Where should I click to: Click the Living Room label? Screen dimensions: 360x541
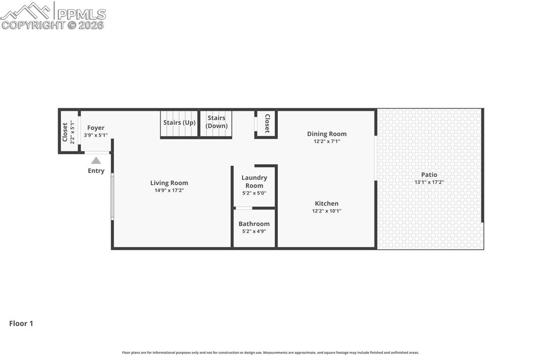pyautogui.click(x=169, y=183)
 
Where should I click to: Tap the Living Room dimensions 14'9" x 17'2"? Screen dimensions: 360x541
pyautogui.click(x=169, y=191)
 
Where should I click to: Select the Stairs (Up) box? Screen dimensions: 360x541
pyautogui.click(x=179, y=124)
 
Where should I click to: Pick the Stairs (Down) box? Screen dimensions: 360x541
pyautogui.click(x=216, y=123)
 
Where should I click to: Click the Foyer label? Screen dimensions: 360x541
pyautogui.click(x=96, y=128)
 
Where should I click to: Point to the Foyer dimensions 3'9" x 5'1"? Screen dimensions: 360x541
pyautogui.click(x=96, y=135)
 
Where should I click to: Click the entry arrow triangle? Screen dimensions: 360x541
pyautogui.click(x=96, y=160)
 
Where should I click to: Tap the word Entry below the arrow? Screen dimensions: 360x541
pyautogui.click(x=96, y=170)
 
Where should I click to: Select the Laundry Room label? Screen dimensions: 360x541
pyautogui.click(x=254, y=182)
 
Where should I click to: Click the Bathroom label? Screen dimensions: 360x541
pyautogui.click(x=254, y=224)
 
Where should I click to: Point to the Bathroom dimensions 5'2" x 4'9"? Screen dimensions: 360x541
pyautogui.click(x=254, y=231)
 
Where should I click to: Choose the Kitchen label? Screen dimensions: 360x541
pyautogui.click(x=327, y=204)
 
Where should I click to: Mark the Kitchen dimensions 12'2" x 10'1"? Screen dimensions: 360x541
pyautogui.click(x=327, y=211)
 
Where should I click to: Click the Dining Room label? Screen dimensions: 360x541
pyautogui.click(x=327, y=134)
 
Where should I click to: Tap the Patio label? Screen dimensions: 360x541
pyautogui.click(x=429, y=175)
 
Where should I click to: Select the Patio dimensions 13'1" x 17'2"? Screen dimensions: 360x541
pyautogui.click(x=429, y=183)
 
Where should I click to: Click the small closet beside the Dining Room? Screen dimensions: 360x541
pyautogui.click(x=266, y=124)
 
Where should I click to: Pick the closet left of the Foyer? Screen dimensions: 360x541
pyautogui.click(x=69, y=131)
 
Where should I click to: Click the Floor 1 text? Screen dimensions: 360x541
pyautogui.click(x=21, y=324)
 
